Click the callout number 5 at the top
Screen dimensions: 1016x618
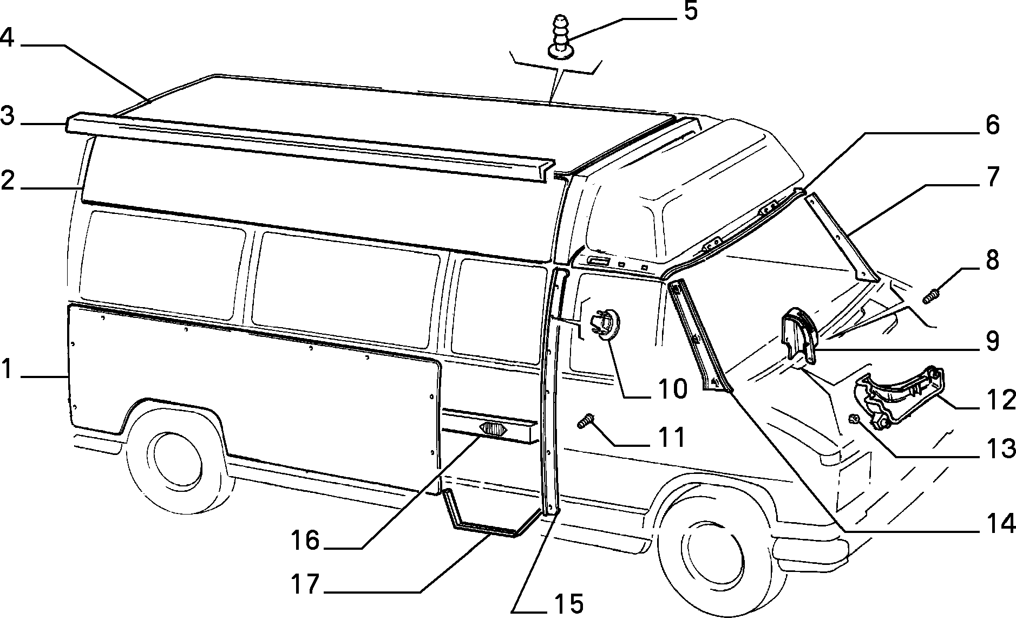[x=690, y=11]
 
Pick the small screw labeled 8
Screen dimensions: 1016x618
[x=932, y=297]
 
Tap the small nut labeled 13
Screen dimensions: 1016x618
[x=854, y=418]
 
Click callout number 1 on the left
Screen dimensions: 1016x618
[x=6, y=371]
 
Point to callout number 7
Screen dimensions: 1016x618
[x=992, y=178]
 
